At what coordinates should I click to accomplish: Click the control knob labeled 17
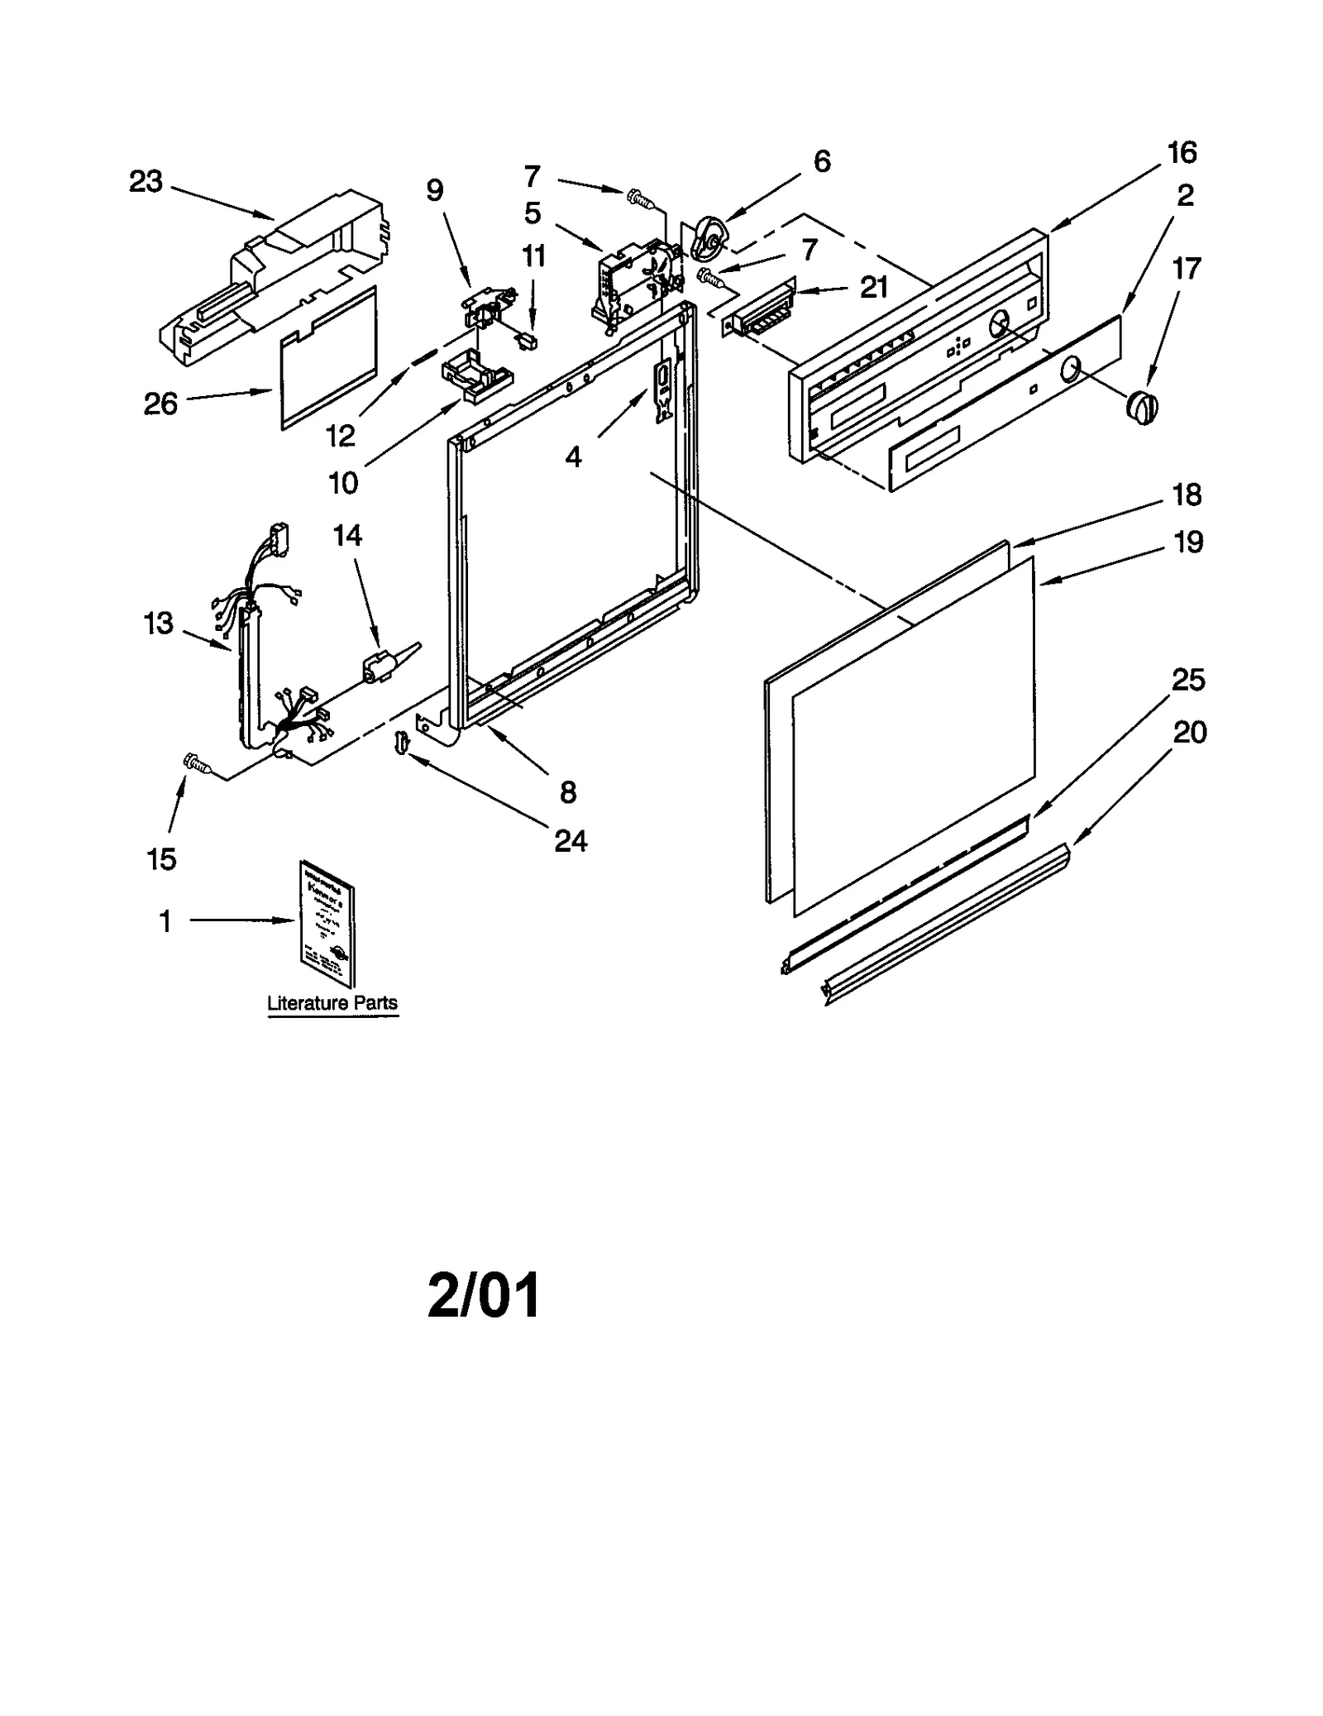point(1143,407)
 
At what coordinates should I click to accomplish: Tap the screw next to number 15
point(197,762)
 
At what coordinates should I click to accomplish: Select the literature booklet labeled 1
point(327,923)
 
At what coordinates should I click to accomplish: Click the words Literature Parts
point(332,1002)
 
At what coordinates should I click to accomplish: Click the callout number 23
point(146,182)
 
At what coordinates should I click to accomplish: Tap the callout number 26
point(160,404)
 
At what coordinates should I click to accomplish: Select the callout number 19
point(1188,543)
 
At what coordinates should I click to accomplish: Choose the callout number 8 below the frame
point(567,792)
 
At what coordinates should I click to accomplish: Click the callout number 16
point(1182,153)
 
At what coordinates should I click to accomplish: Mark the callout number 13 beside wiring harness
point(159,622)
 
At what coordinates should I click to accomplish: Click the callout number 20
point(1189,732)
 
